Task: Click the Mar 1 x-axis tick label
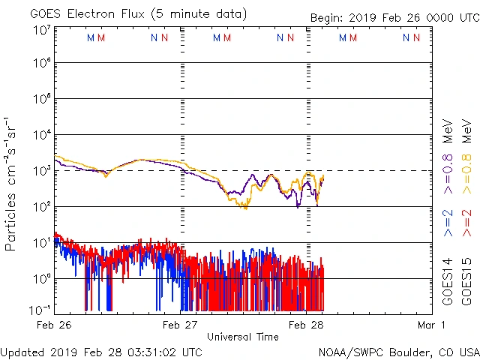click(431, 325)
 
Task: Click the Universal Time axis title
click(242, 337)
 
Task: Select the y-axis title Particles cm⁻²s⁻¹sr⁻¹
click(12, 183)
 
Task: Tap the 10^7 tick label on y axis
click(42, 30)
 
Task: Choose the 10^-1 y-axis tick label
click(40, 309)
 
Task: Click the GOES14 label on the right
click(448, 281)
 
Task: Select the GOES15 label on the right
click(466, 281)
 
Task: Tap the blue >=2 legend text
click(448, 223)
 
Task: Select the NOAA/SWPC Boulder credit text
click(398, 352)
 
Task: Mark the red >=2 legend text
click(466, 223)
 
